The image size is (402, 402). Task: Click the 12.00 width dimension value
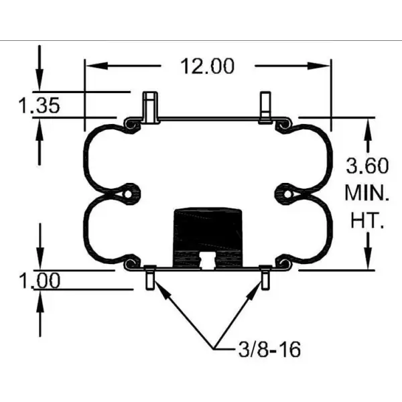tap(207, 66)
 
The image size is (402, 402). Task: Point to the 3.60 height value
tap(366, 165)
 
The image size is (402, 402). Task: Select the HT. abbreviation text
tap(366, 221)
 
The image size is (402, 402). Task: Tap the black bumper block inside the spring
tap(207, 231)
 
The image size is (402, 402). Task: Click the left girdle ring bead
tap(127, 194)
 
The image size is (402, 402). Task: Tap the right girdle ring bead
tap(287, 194)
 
